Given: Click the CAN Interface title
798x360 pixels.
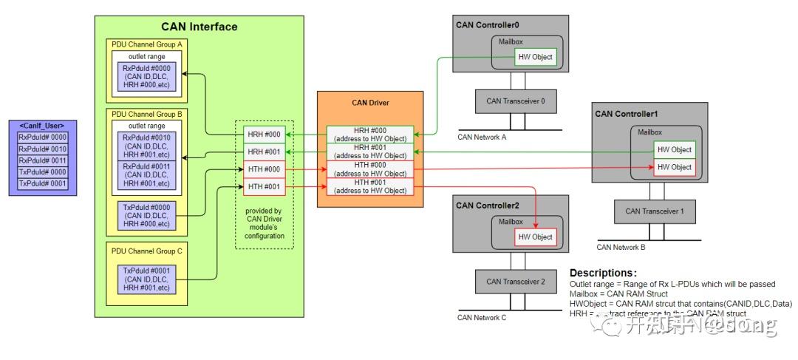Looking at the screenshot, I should click(199, 27).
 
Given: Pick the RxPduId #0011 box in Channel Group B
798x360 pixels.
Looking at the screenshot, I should click(146, 177).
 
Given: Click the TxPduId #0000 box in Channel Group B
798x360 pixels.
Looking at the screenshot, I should click(146, 214).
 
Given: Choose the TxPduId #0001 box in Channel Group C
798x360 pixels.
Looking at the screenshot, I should click(146, 277).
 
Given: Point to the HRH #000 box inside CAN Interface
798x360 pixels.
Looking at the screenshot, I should click(263, 135).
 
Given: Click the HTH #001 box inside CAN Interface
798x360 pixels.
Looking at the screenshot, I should click(263, 187).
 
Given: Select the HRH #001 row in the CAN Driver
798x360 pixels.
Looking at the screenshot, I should click(370, 152).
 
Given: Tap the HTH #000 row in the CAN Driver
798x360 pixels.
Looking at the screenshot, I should click(370, 169).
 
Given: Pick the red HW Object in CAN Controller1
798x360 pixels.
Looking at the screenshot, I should click(674, 167).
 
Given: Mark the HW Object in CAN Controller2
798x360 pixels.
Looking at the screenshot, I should click(535, 237).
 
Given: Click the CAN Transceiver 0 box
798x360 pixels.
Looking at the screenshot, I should click(515, 101).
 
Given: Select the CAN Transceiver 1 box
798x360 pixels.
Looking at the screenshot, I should click(655, 211).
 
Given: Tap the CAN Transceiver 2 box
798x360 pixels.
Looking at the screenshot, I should click(515, 282).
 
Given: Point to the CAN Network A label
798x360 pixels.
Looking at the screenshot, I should click(482, 137).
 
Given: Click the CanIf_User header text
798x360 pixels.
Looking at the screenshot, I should click(43, 126).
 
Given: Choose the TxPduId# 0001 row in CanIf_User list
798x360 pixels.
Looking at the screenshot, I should click(43, 183).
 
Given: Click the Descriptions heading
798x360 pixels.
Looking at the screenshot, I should click(603, 273).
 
